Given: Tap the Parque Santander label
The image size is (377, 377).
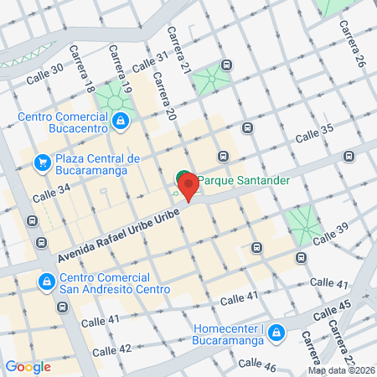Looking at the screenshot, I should click(x=244, y=180).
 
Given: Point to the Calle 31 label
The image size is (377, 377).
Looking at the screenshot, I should click(x=151, y=62).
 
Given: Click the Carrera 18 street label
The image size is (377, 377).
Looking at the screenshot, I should click(x=88, y=81).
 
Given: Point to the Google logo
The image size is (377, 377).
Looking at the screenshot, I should click(x=28, y=366).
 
